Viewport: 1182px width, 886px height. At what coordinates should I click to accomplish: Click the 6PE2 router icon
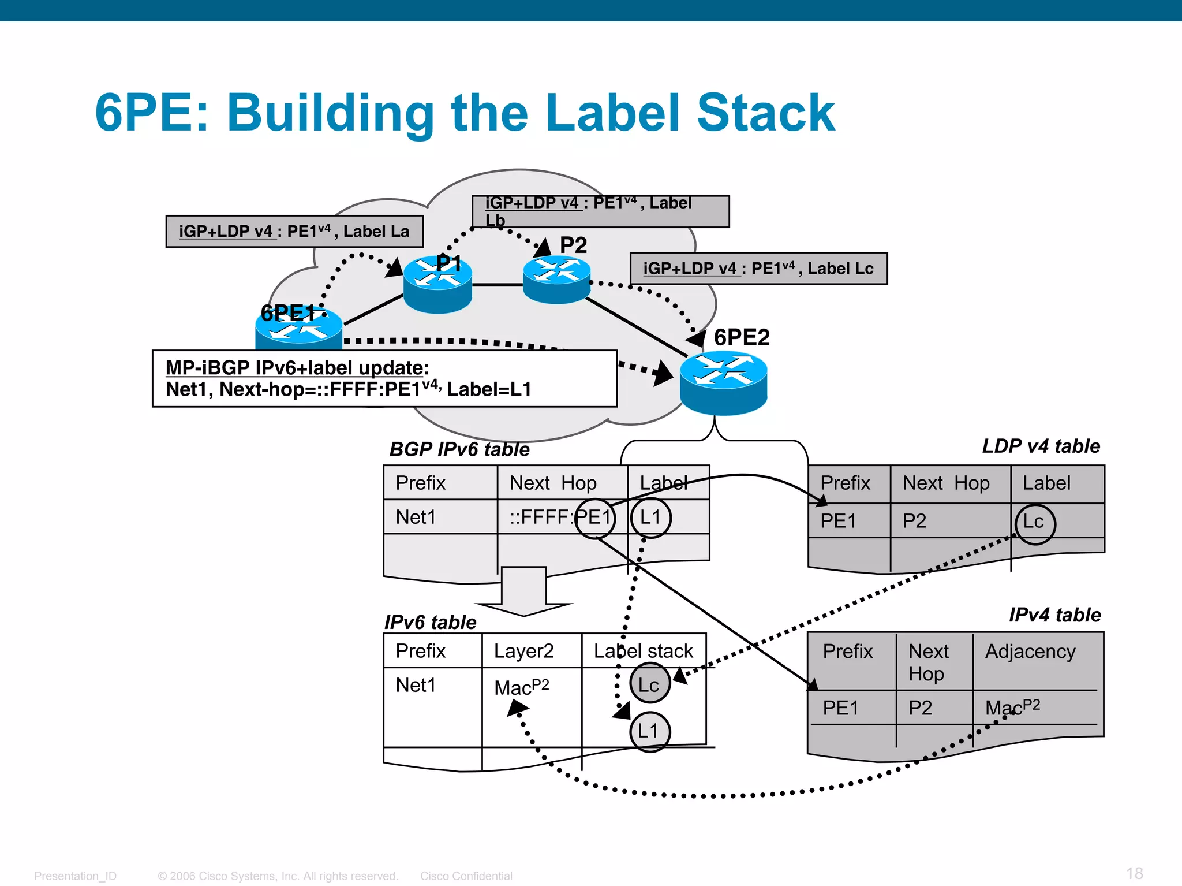pyautogui.click(x=723, y=384)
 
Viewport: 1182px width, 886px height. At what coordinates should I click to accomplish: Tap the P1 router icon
pyautogui.click(x=437, y=284)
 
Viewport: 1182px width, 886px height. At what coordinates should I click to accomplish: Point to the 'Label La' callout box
pyautogui.click(x=294, y=232)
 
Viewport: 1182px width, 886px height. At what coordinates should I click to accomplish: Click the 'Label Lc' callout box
pyautogui.click(x=758, y=269)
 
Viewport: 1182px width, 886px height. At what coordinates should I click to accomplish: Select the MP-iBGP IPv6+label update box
pyautogui.click(x=384, y=378)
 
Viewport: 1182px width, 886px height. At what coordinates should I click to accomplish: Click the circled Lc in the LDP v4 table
pyautogui.click(x=1034, y=523)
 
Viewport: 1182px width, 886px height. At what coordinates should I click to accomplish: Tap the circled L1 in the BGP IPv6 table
pyautogui.click(x=650, y=518)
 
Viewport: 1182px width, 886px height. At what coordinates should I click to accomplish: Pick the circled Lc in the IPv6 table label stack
pyautogui.click(x=649, y=684)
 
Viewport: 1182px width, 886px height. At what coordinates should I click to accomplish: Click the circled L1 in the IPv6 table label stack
pyautogui.click(x=649, y=731)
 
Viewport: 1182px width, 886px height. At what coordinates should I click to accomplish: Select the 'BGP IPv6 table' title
pyautogui.click(x=459, y=449)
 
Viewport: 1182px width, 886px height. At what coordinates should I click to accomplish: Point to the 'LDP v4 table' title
pyautogui.click(x=1041, y=446)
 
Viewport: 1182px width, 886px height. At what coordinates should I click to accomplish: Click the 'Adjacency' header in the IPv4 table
pyautogui.click(x=1030, y=652)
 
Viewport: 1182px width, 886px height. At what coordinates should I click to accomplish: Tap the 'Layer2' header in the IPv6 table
pyautogui.click(x=523, y=652)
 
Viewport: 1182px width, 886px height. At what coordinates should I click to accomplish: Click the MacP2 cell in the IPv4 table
pyautogui.click(x=1012, y=707)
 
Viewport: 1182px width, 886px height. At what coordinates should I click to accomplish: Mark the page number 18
pyautogui.click(x=1134, y=873)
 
